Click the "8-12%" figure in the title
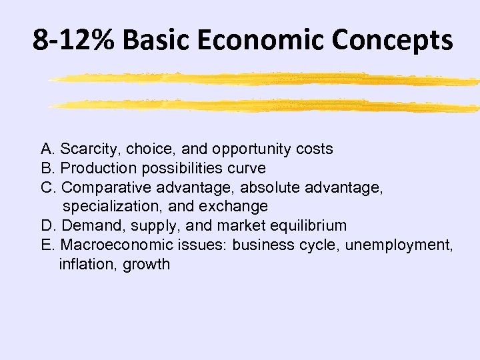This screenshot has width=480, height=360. tap(74, 40)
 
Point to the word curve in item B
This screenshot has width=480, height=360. tap(247, 168)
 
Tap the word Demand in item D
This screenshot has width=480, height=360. tap(83, 225)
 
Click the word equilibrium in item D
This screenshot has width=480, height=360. tap(311, 226)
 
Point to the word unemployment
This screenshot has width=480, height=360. tap(405, 245)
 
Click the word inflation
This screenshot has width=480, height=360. tap(87, 264)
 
